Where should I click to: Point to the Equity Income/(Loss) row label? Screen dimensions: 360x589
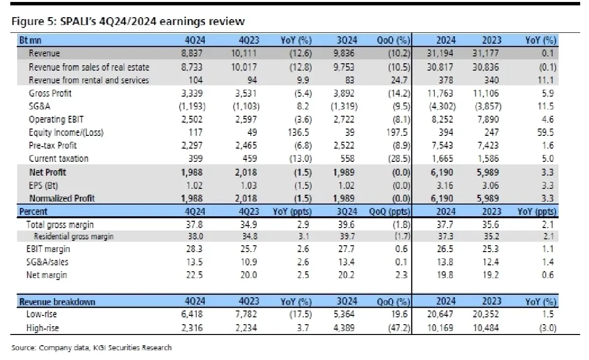(66, 132)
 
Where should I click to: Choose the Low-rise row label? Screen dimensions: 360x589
(43, 314)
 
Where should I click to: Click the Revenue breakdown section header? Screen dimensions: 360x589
(57, 301)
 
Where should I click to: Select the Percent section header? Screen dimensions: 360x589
(33, 211)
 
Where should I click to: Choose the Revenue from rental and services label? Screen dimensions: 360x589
(89, 80)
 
